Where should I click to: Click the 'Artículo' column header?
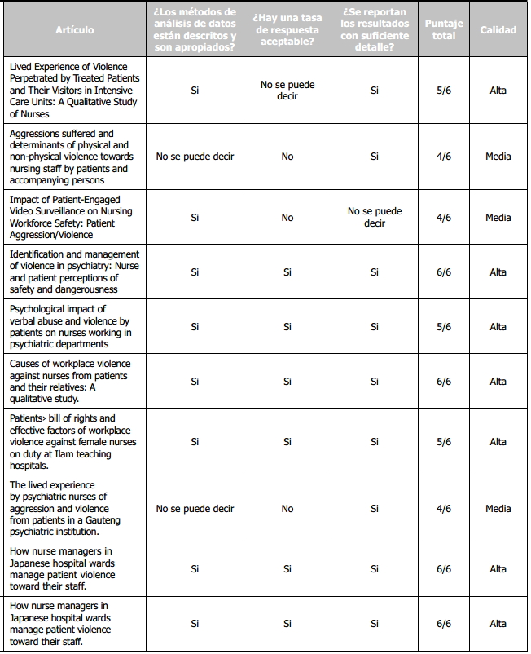coord(75,30)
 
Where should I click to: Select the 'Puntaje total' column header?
coord(444,30)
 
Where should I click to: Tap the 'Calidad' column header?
coord(498,30)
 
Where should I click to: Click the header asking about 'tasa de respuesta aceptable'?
coord(287,30)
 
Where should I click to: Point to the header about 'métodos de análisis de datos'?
coord(195,30)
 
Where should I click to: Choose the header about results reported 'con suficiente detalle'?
coord(375,30)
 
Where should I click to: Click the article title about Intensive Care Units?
coord(74,91)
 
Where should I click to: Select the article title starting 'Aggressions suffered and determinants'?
coord(72,157)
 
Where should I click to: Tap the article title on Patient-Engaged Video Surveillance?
coord(71,218)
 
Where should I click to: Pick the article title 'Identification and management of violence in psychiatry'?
coord(74,272)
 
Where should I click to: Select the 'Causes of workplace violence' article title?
coord(70,382)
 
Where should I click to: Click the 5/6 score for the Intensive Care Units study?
coord(444,91)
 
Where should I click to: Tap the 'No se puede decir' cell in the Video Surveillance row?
coord(375,218)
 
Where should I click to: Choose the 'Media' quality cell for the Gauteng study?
coord(498,509)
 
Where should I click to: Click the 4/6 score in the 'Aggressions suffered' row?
coord(444,157)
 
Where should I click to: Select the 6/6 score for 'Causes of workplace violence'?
coord(444,382)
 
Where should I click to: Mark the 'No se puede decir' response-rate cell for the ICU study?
coord(287,91)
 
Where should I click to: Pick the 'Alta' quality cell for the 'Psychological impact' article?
coord(498,327)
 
